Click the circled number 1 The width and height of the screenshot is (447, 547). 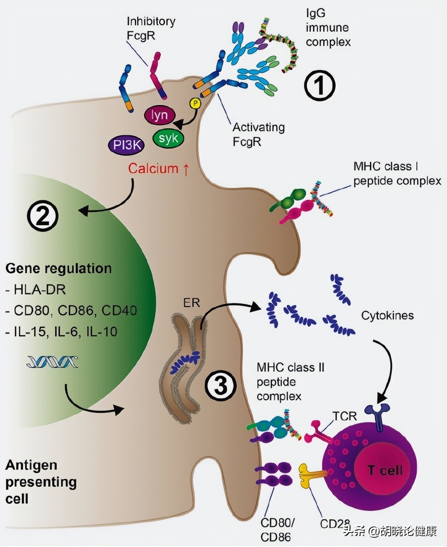(x=320, y=86)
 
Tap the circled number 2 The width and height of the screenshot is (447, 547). (x=43, y=216)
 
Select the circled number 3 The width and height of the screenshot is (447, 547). (x=220, y=386)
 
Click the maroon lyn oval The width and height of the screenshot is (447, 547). (x=159, y=116)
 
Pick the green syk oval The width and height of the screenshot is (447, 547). (x=168, y=139)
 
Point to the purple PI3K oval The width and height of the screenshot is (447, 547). (x=126, y=145)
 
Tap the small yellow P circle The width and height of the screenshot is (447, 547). (x=195, y=104)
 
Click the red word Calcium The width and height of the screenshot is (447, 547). (x=153, y=168)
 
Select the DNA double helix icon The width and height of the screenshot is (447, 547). (x=52, y=362)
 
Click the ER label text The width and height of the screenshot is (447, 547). (x=191, y=303)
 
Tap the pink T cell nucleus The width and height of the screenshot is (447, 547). (x=385, y=470)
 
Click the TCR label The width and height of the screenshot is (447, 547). (x=345, y=416)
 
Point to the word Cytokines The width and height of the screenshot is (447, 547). (x=387, y=315)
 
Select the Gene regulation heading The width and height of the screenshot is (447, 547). (x=58, y=268)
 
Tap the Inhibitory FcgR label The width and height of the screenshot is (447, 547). (x=151, y=28)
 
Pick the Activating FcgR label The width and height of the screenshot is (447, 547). (x=258, y=134)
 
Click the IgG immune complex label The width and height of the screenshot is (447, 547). (x=328, y=27)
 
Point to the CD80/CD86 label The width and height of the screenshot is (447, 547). (x=277, y=530)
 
